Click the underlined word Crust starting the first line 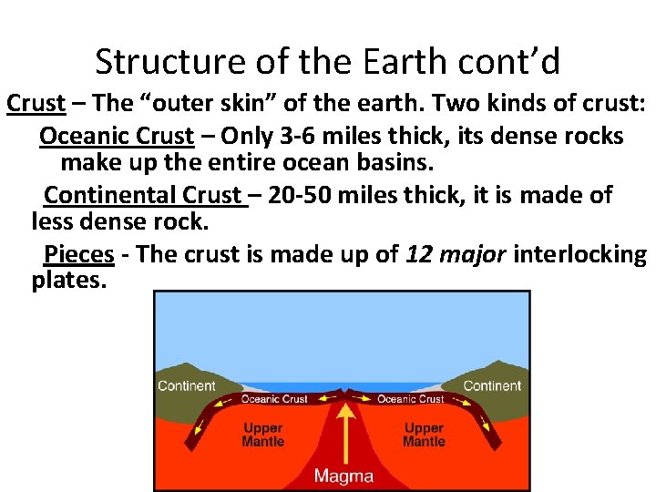click(36, 104)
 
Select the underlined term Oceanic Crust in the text click(117, 137)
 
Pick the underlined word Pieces click(79, 253)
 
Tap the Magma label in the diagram click(343, 476)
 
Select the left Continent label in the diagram click(187, 385)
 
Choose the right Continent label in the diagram click(491, 385)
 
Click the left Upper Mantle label click(262, 435)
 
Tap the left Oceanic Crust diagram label click(274, 399)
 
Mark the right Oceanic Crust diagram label click(410, 399)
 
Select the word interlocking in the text click(579, 253)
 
